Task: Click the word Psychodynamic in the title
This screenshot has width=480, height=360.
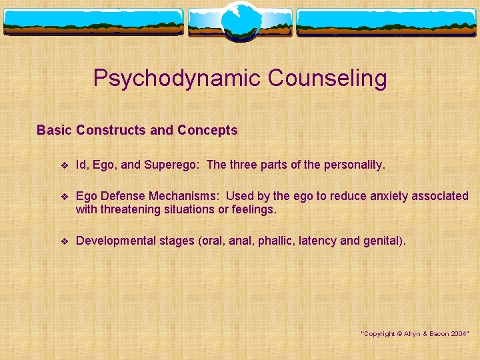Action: click(177, 79)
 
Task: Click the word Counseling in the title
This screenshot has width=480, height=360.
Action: click(327, 79)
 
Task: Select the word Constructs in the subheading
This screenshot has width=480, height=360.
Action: click(111, 130)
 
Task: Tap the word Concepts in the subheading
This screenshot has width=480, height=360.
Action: click(207, 130)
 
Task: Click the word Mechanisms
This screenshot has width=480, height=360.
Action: click(186, 196)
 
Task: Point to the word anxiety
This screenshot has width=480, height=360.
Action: click(371, 196)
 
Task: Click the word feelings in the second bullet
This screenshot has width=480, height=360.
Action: click(253, 209)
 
